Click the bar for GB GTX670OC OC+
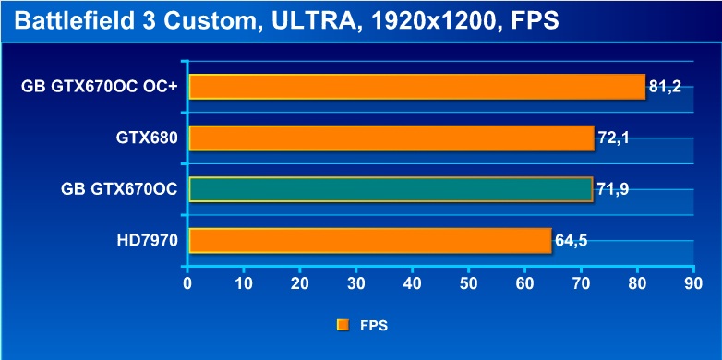click(417, 87)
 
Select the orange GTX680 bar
click(391, 138)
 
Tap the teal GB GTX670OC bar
click(391, 189)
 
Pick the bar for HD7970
click(370, 240)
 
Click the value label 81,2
click(665, 86)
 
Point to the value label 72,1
click(613, 138)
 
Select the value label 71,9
click(613, 188)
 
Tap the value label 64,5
click(571, 240)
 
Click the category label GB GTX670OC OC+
click(100, 87)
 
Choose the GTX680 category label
click(147, 138)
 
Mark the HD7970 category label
click(148, 240)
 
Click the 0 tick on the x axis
click(187, 283)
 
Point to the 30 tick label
click(356, 283)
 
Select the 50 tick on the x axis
click(468, 283)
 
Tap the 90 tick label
click(693, 283)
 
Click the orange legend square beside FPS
click(343, 326)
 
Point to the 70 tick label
click(581, 283)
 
